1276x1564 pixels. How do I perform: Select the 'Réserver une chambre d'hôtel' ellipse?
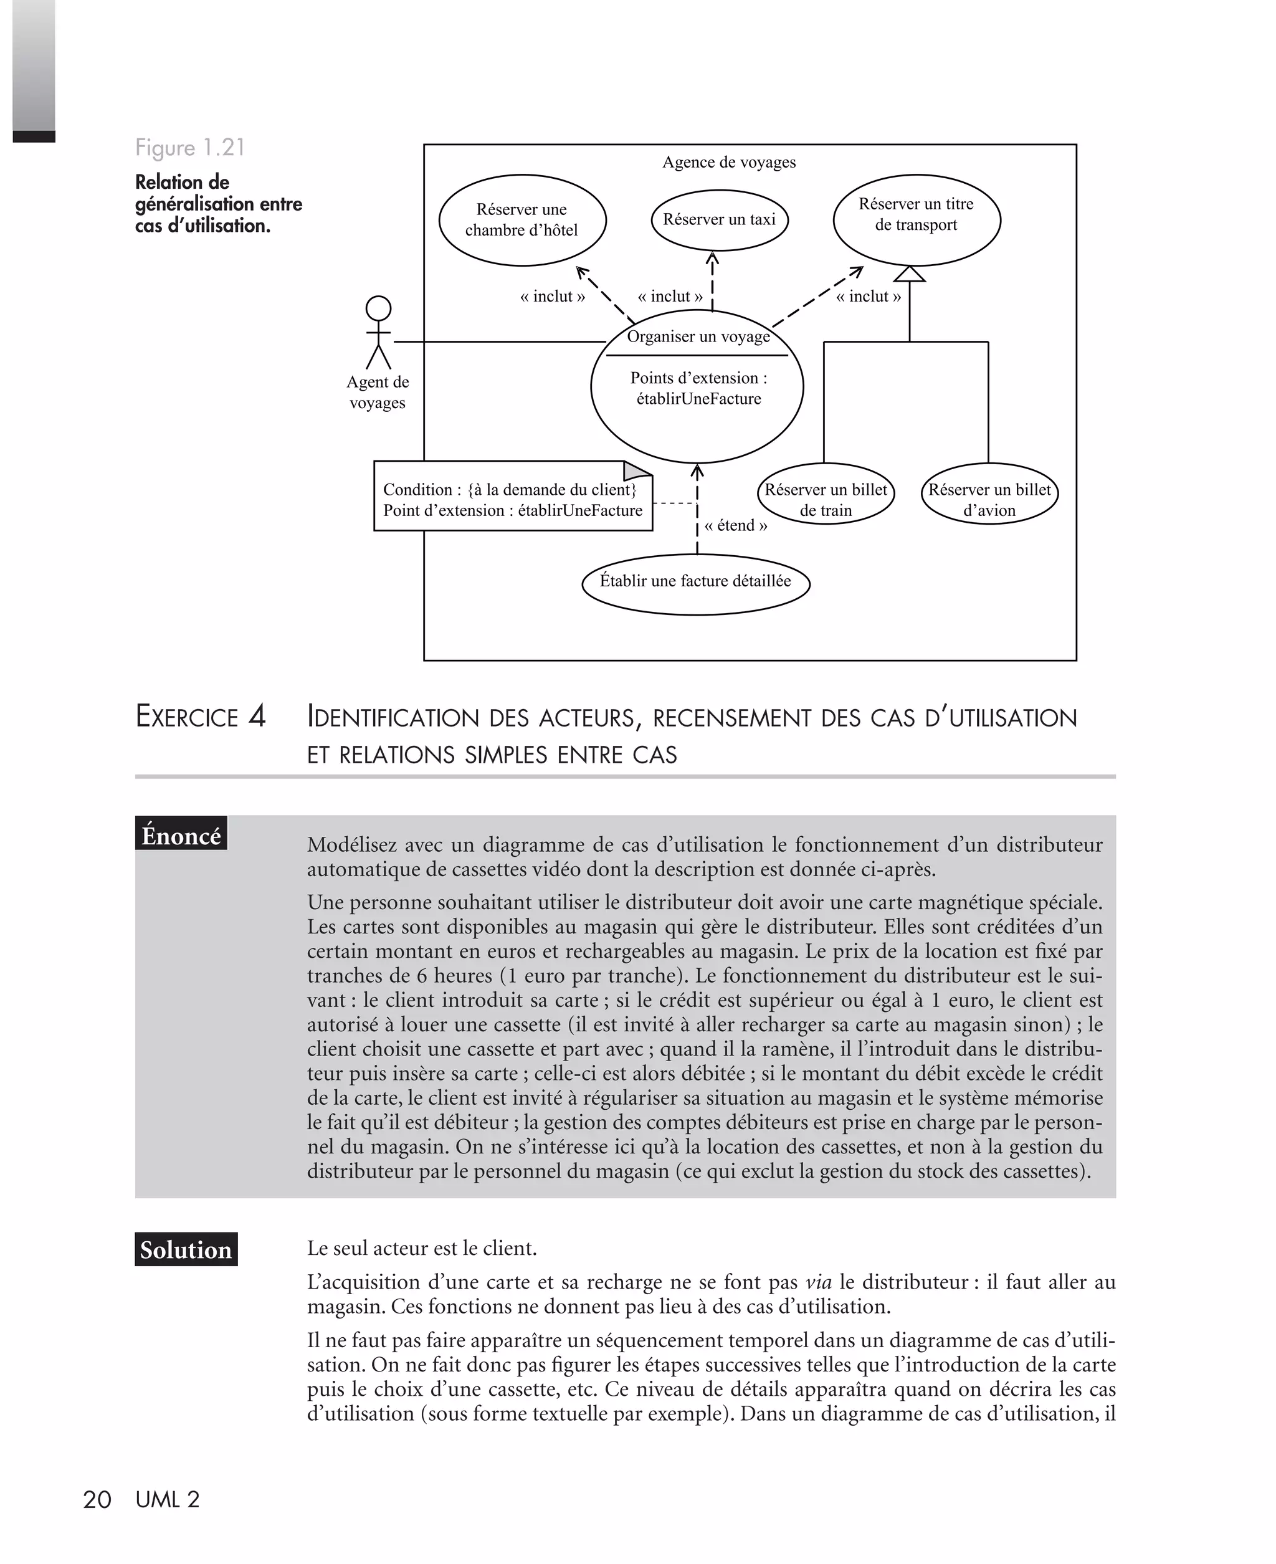pyautogui.click(x=522, y=220)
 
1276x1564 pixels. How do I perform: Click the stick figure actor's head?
pyautogui.click(x=379, y=308)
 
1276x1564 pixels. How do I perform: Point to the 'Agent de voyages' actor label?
pyautogui.click(x=377, y=392)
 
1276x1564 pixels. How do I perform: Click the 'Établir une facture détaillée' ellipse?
pyautogui.click(x=695, y=584)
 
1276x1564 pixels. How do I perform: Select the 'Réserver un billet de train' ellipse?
pyautogui.click(x=826, y=494)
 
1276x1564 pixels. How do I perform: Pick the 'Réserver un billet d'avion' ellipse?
pyautogui.click(x=989, y=494)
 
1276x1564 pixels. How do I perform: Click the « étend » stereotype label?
pyautogui.click(x=736, y=525)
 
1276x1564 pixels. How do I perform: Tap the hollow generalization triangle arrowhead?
pyautogui.click(x=909, y=274)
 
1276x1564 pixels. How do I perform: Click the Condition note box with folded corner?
pyautogui.click(x=512, y=497)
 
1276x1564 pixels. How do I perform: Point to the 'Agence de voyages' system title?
pyautogui.click(x=728, y=161)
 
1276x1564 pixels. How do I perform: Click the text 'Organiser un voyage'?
pyautogui.click(x=698, y=336)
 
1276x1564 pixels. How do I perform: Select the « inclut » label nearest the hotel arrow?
pyautogui.click(x=553, y=296)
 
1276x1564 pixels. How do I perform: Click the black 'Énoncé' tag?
pyautogui.click(x=181, y=836)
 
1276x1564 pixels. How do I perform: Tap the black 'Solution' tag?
pyautogui.click(x=186, y=1249)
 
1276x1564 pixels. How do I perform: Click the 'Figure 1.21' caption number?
pyautogui.click(x=189, y=148)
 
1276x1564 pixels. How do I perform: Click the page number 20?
pyautogui.click(x=97, y=1499)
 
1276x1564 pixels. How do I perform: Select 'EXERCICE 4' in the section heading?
pyautogui.click(x=201, y=717)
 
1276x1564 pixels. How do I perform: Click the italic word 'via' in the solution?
pyautogui.click(x=818, y=1282)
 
